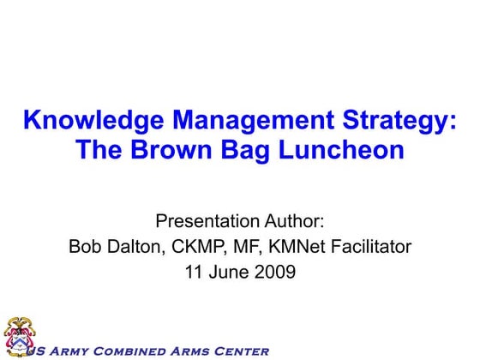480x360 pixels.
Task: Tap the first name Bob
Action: point(84,248)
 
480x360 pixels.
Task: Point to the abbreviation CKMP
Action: point(200,248)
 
